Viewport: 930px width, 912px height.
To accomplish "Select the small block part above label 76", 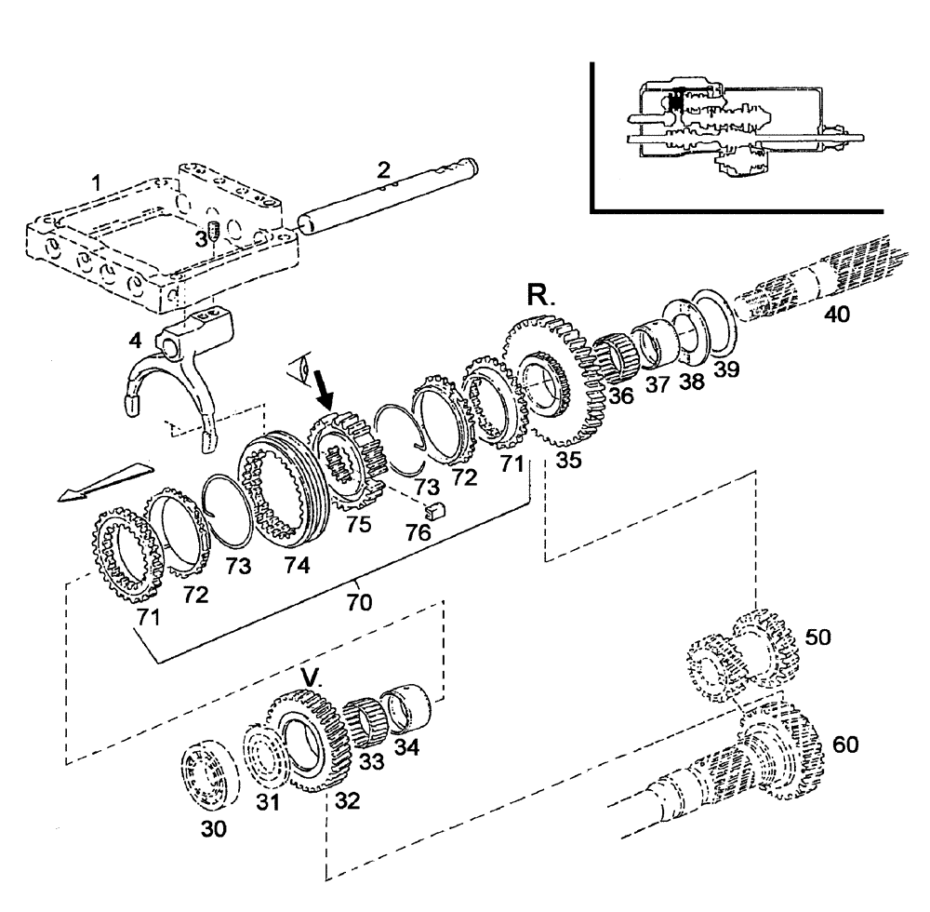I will pyautogui.click(x=431, y=508).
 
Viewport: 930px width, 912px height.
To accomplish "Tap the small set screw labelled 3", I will pyautogui.click(x=212, y=231).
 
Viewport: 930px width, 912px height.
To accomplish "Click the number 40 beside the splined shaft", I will pyautogui.click(x=836, y=315).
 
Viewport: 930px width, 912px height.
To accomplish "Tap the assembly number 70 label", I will pyautogui.click(x=358, y=602).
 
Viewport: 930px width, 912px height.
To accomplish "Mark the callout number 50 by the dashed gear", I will pyautogui.click(x=818, y=637).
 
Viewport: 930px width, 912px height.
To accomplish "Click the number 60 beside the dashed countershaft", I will pyautogui.click(x=846, y=744).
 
